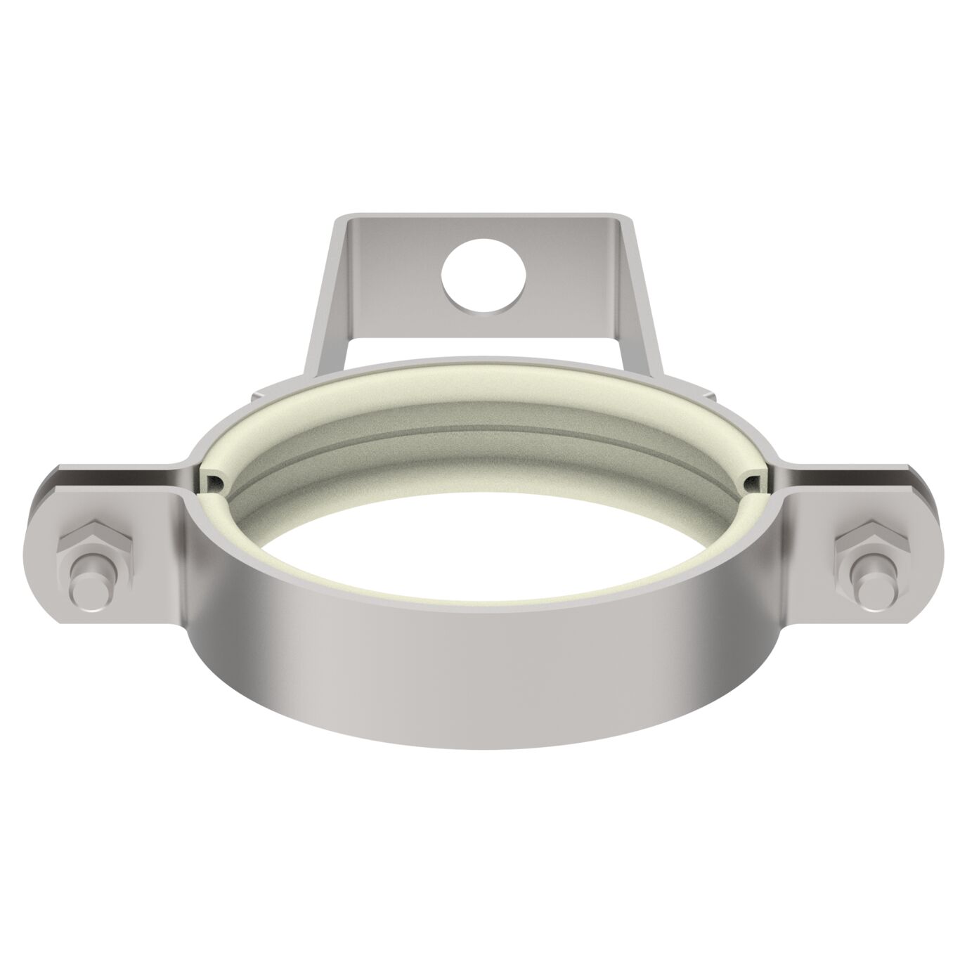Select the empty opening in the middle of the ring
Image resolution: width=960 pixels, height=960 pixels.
[485, 534]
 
